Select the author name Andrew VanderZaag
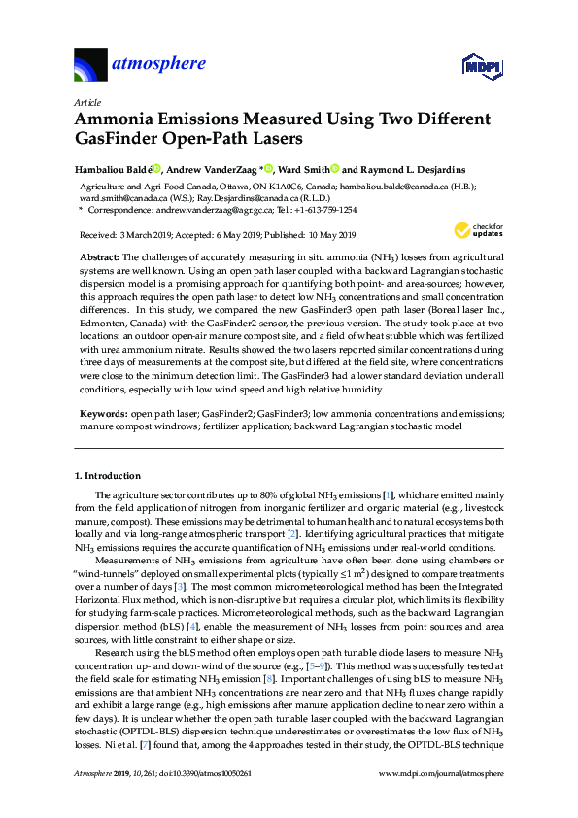click(x=219, y=167)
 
